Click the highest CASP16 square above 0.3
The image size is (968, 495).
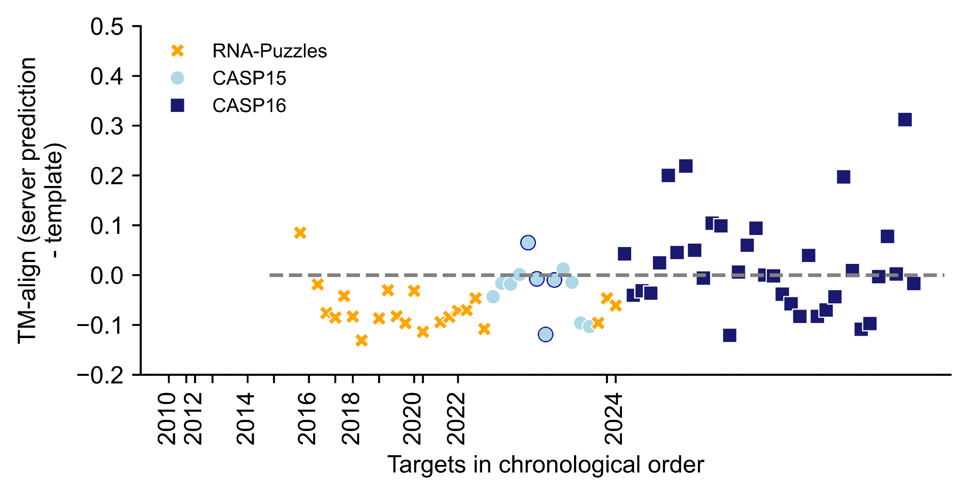(x=905, y=120)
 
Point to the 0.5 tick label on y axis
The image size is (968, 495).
(x=107, y=27)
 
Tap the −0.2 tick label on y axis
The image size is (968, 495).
(x=101, y=375)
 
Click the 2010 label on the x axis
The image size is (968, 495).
(x=167, y=418)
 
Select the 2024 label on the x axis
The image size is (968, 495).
(x=614, y=418)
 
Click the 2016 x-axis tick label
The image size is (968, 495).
(x=307, y=418)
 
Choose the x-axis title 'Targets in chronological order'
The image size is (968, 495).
(x=545, y=465)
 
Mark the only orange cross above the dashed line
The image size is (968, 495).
(x=300, y=233)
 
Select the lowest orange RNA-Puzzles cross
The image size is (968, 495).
(x=361, y=340)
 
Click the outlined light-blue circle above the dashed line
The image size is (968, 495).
(x=528, y=243)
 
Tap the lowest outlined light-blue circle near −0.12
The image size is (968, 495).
(x=545, y=334)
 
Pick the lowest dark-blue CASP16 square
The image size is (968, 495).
(x=729, y=335)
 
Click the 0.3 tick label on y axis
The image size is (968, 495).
(x=107, y=126)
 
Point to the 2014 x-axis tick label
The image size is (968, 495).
(x=246, y=418)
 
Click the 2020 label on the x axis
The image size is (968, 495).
(x=413, y=418)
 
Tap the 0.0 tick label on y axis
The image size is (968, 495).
(x=107, y=276)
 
